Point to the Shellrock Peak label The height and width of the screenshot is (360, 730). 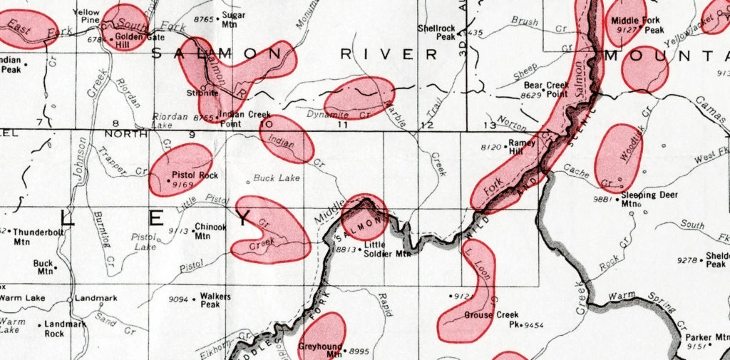point(436,32)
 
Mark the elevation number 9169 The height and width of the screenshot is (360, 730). point(182,184)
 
